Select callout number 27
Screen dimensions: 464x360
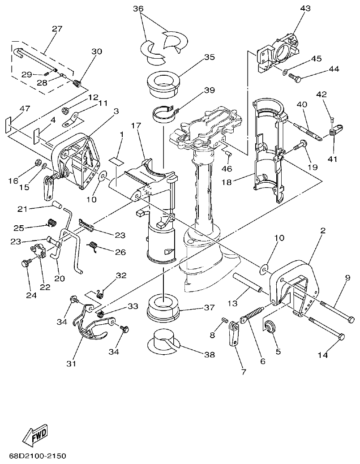pyautogui.click(x=57, y=29)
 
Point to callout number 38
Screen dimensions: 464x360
pyautogui.click(x=209, y=354)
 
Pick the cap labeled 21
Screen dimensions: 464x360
pyautogui.click(x=56, y=205)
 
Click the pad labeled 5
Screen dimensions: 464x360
pyautogui.click(x=270, y=326)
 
